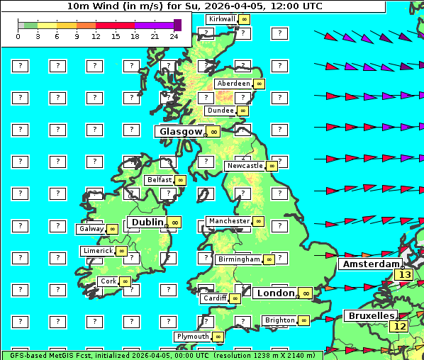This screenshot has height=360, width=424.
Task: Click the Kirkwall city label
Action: click(x=221, y=19)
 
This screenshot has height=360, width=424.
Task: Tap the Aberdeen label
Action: click(x=234, y=84)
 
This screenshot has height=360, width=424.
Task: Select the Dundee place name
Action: click(x=221, y=111)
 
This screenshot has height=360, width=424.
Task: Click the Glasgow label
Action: click(x=181, y=131)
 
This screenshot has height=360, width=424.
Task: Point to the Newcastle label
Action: click(x=244, y=166)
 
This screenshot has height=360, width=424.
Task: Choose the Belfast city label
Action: click(x=160, y=180)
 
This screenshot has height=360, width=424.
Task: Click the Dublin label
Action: click(x=147, y=222)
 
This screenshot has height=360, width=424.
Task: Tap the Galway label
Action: click(x=91, y=229)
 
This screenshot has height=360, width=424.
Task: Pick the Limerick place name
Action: click(x=98, y=251)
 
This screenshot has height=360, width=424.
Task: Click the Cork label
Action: click(x=108, y=281)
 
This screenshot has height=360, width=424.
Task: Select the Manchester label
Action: click(x=229, y=221)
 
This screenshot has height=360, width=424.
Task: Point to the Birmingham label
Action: click(x=239, y=259)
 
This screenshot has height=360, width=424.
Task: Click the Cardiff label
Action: click(x=214, y=298)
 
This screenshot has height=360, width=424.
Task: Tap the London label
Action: click(x=275, y=293)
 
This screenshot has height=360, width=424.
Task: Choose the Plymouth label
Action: click(x=193, y=337)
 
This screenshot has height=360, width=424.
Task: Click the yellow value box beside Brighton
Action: click(x=303, y=320)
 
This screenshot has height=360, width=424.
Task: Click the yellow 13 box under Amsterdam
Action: click(x=404, y=274)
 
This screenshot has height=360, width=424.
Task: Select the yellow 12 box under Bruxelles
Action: click(x=400, y=326)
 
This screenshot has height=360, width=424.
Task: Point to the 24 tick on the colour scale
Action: click(x=174, y=36)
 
